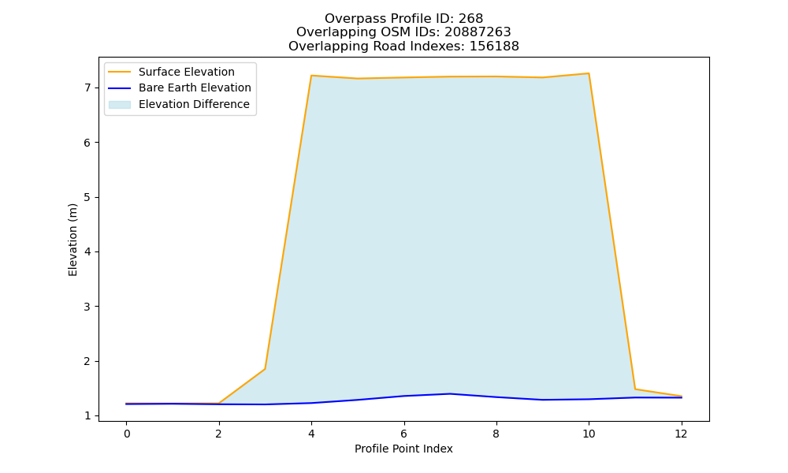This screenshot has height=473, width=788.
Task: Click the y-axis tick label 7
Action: click(x=88, y=88)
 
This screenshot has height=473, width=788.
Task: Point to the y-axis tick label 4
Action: click(x=88, y=251)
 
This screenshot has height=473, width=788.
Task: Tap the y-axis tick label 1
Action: click(x=88, y=416)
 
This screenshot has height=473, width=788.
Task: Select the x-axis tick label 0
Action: click(x=127, y=434)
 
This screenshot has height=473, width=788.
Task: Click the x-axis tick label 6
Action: click(x=403, y=434)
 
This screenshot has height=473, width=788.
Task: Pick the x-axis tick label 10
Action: click(x=589, y=434)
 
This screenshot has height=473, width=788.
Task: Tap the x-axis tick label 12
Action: click(x=681, y=434)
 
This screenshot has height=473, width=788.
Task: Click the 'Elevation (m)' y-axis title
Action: click(x=72, y=240)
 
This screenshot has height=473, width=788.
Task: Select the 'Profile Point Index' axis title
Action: click(x=403, y=449)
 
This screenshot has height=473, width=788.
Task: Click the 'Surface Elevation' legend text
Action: click(x=187, y=72)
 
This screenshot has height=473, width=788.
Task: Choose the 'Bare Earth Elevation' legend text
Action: click(x=195, y=88)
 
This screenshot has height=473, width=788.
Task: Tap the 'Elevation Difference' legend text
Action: click(x=194, y=104)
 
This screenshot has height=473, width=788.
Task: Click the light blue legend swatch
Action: click(x=120, y=105)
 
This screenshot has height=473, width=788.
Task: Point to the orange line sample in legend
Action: click(x=120, y=72)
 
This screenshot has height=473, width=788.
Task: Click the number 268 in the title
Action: click(x=471, y=19)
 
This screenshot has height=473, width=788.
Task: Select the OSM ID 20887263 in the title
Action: click(x=478, y=32)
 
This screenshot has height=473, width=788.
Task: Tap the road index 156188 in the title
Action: click(x=494, y=47)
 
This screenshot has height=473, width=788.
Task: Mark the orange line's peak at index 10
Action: click(x=589, y=73)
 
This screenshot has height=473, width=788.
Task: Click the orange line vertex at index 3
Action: click(x=265, y=369)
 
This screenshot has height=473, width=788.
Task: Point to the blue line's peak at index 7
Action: click(x=450, y=393)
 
